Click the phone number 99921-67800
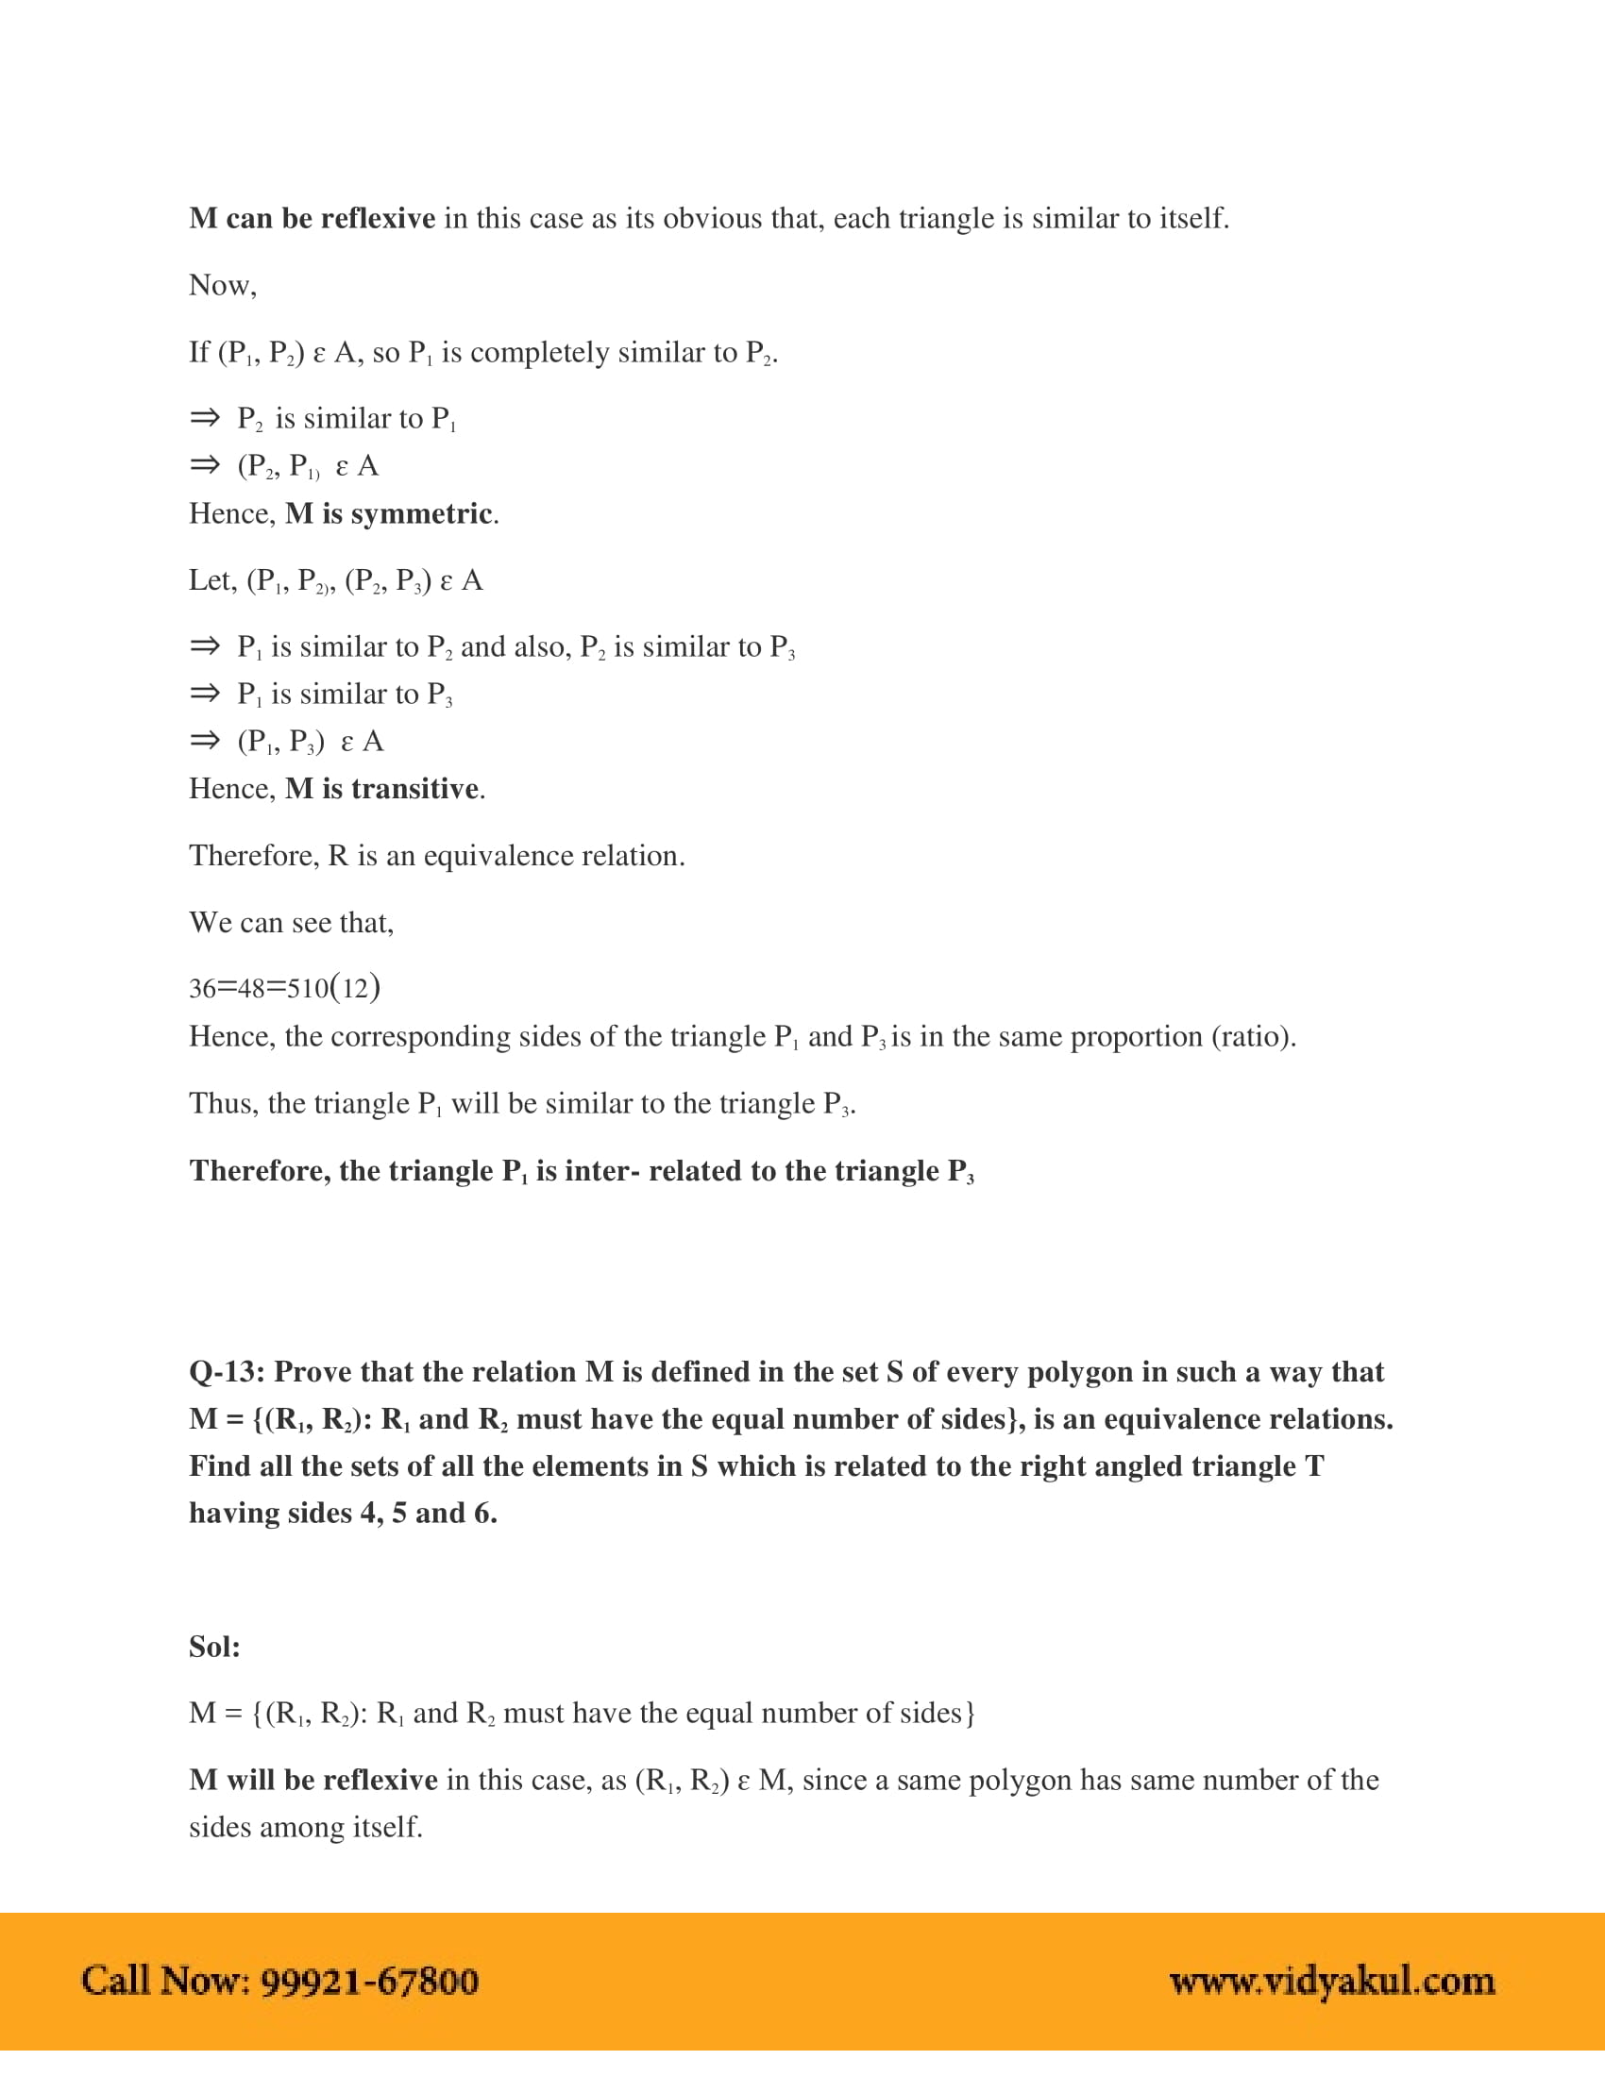click(x=369, y=1981)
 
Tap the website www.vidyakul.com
click(x=1331, y=1981)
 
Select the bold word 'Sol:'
click(x=214, y=1647)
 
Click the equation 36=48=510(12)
click(x=284, y=989)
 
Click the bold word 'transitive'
click(x=414, y=789)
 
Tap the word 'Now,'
click(x=223, y=285)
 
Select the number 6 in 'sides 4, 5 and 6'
click(x=484, y=1514)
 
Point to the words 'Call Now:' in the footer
click(x=165, y=1981)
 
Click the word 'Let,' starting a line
click(x=212, y=580)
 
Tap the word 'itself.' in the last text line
click(x=387, y=1827)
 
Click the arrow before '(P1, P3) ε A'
click(x=205, y=741)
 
